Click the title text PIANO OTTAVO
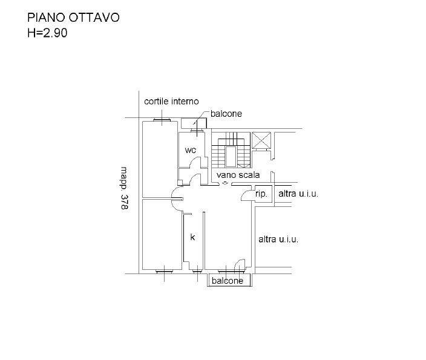73,18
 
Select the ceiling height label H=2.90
47,33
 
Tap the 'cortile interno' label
171,101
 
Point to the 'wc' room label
191,150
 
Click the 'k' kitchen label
192,237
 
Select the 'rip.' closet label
261,194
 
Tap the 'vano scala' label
238,175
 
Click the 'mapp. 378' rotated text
124,188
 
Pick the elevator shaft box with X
261,140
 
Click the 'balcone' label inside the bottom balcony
228,281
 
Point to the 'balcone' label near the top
226,114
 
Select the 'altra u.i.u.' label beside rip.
298,194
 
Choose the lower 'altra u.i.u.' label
278,240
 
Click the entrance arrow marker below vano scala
225,183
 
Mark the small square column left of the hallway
180,183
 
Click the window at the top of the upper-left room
162,120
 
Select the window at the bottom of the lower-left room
165,271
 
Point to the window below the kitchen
197,271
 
